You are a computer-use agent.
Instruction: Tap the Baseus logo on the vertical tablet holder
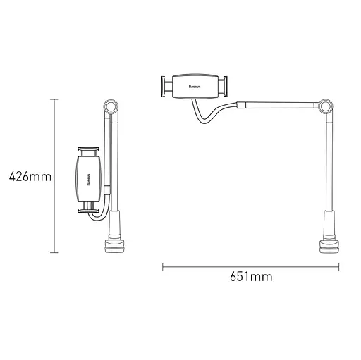point(88,176)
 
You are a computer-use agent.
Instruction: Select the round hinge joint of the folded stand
point(110,108)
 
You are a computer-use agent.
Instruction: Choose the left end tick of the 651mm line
point(163,267)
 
